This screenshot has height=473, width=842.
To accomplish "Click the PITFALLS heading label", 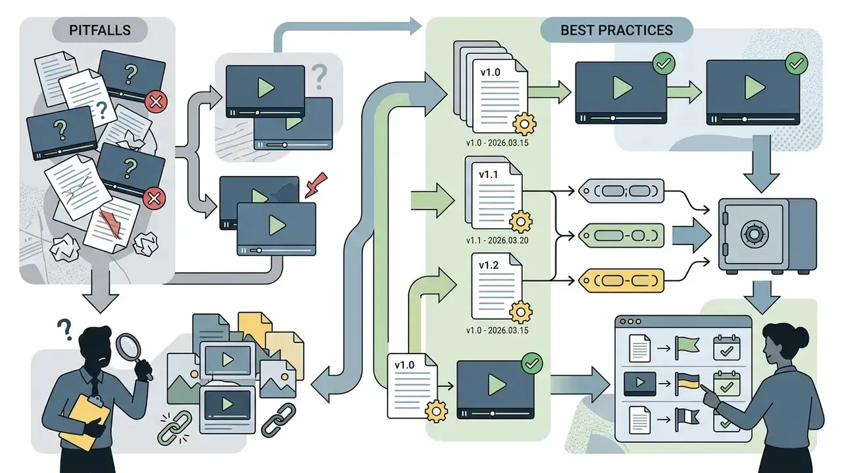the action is (x=99, y=30).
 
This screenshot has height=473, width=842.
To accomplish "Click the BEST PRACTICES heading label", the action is (x=616, y=30).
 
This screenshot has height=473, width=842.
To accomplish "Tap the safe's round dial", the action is (x=754, y=235).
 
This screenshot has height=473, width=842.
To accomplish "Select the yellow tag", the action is (x=621, y=281).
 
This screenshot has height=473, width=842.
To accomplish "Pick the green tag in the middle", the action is (x=621, y=235).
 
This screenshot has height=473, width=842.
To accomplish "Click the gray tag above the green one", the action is (x=621, y=191).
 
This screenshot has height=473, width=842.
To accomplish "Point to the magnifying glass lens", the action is (x=128, y=346).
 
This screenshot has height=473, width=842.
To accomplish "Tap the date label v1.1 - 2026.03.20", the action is (x=497, y=240).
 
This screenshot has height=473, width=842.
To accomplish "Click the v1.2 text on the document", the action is (x=489, y=265).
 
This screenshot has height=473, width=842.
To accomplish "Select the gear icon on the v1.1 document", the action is (x=520, y=221).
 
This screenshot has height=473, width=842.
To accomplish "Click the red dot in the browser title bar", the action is (x=622, y=322).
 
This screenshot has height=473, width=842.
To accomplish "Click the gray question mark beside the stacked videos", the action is (x=319, y=77).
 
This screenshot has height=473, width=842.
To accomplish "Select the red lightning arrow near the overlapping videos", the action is (x=315, y=185).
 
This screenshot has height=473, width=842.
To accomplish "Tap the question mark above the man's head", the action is (x=64, y=330).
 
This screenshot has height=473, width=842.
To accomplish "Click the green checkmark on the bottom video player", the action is (x=532, y=363).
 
